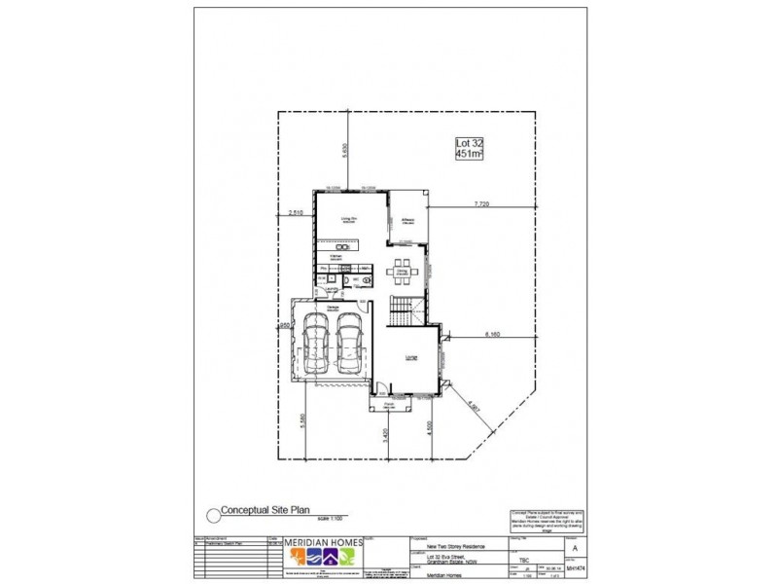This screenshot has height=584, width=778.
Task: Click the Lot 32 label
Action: (471, 144)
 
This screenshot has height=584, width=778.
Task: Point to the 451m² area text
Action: (471, 155)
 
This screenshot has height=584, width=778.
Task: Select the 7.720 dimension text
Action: (480, 204)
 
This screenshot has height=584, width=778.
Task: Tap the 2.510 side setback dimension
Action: (297, 212)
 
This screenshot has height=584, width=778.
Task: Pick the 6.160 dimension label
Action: (494, 335)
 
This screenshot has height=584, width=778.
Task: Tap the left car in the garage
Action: (317, 346)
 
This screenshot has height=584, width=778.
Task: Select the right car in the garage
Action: (349, 346)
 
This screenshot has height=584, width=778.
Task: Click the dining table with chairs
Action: (403, 273)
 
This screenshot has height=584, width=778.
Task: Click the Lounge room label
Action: (410, 358)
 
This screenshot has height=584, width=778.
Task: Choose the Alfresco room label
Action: (408, 220)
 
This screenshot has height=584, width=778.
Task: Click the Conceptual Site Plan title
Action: (260, 509)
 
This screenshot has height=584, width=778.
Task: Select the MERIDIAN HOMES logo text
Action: (322, 541)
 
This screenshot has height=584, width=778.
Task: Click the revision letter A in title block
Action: (576, 548)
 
